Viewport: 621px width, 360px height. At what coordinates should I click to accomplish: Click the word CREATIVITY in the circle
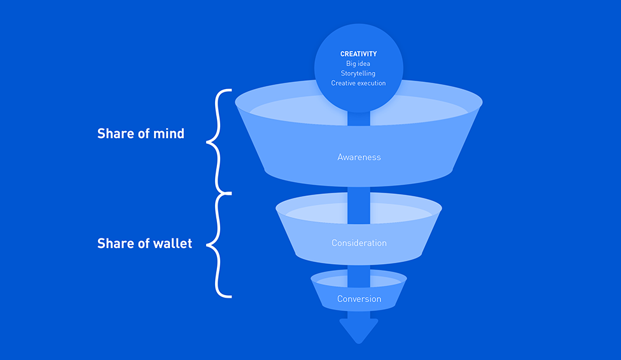pyautogui.click(x=358, y=54)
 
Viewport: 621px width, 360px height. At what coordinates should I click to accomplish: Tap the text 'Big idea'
pyautogui.click(x=358, y=64)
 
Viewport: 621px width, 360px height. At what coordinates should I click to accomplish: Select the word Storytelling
pyautogui.click(x=358, y=73)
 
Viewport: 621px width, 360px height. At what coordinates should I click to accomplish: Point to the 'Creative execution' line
pyautogui.click(x=358, y=83)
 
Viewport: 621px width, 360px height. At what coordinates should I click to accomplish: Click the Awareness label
pyautogui.click(x=359, y=157)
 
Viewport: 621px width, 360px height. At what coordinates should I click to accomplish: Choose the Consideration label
pyautogui.click(x=359, y=243)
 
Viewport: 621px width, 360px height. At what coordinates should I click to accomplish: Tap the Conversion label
pyautogui.click(x=359, y=298)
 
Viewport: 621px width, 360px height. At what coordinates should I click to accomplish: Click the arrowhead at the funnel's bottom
pyautogui.click(x=359, y=329)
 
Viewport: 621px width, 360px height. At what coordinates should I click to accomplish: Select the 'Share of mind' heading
pyautogui.click(x=141, y=134)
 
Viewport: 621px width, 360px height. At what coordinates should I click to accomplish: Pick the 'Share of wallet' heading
pyautogui.click(x=144, y=243)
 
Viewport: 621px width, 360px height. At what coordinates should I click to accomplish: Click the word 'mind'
pyautogui.click(x=169, y=134)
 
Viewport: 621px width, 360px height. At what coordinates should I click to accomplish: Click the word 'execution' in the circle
pyautogui.click(x=371, y=83)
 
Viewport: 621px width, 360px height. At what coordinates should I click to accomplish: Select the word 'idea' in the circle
pyautogui.click(x=364, y=64)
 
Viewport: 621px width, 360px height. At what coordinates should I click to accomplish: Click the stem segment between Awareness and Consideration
pyautogui.click(x=359, y=205)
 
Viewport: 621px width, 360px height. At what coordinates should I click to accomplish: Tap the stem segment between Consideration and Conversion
pyautogui.click(x=359, y=276)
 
